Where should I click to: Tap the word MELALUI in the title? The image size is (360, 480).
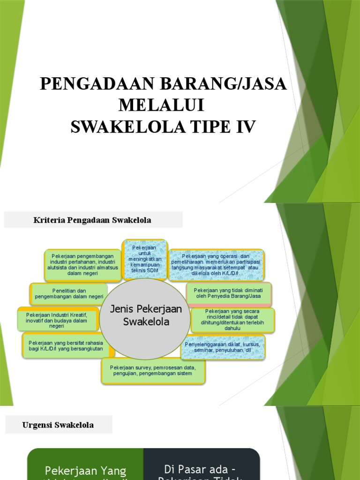pyautogui.click(x=162, y=105)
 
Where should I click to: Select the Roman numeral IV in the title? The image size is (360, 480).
pyautogui.click(x=244, y=127)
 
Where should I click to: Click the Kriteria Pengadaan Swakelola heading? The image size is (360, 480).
pyautogui.click(x=93, y=220)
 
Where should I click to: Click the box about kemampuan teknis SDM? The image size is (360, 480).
pyautogui.click(x=144, y=259)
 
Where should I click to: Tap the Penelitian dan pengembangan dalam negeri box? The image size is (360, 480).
pyautogui.click(x=68, y=294)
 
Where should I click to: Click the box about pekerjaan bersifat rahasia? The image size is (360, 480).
pyautogui.click(x=65, y=346)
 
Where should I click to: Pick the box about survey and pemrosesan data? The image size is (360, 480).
pyautogui.click(x=153, y=370)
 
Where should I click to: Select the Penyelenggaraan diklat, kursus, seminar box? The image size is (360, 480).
pyautogui.click(x=223, y=347)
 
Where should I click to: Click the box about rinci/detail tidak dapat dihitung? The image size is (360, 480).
pyautogui.click(x=232, y=320)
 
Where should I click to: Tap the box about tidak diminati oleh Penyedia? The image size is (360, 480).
pyautogui.click(x=228, y=293)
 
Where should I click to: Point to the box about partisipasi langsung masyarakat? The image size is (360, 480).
pyautogui.click(x=216, y=265)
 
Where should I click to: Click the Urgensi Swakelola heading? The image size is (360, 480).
pyautogui.click(x=58, y=425)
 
